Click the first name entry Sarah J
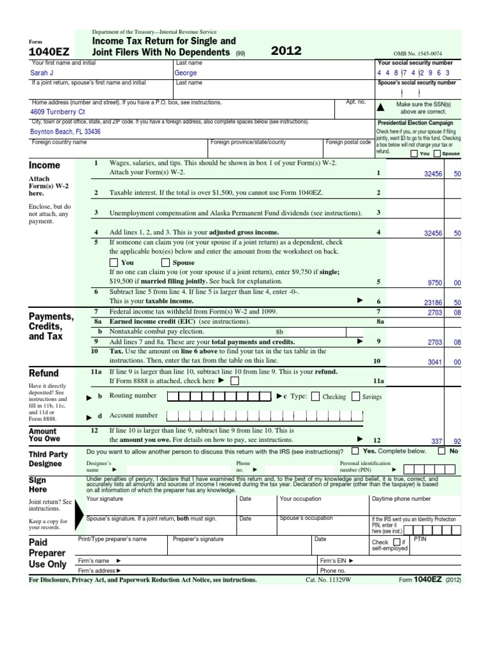[43, 73]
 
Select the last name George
[186, 73]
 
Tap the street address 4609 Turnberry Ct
[57, 111]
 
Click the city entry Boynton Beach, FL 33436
[66, 132]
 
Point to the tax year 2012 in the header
[286, 51]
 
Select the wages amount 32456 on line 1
[433, 173]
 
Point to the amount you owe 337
[436, 441]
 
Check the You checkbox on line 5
[114, 262]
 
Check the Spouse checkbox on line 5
[165, 262]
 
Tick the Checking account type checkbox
[317, 397]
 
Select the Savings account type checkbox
[356, 397]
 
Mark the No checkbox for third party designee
[442, 451]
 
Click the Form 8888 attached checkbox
[235, 381]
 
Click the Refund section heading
[44, 373]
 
